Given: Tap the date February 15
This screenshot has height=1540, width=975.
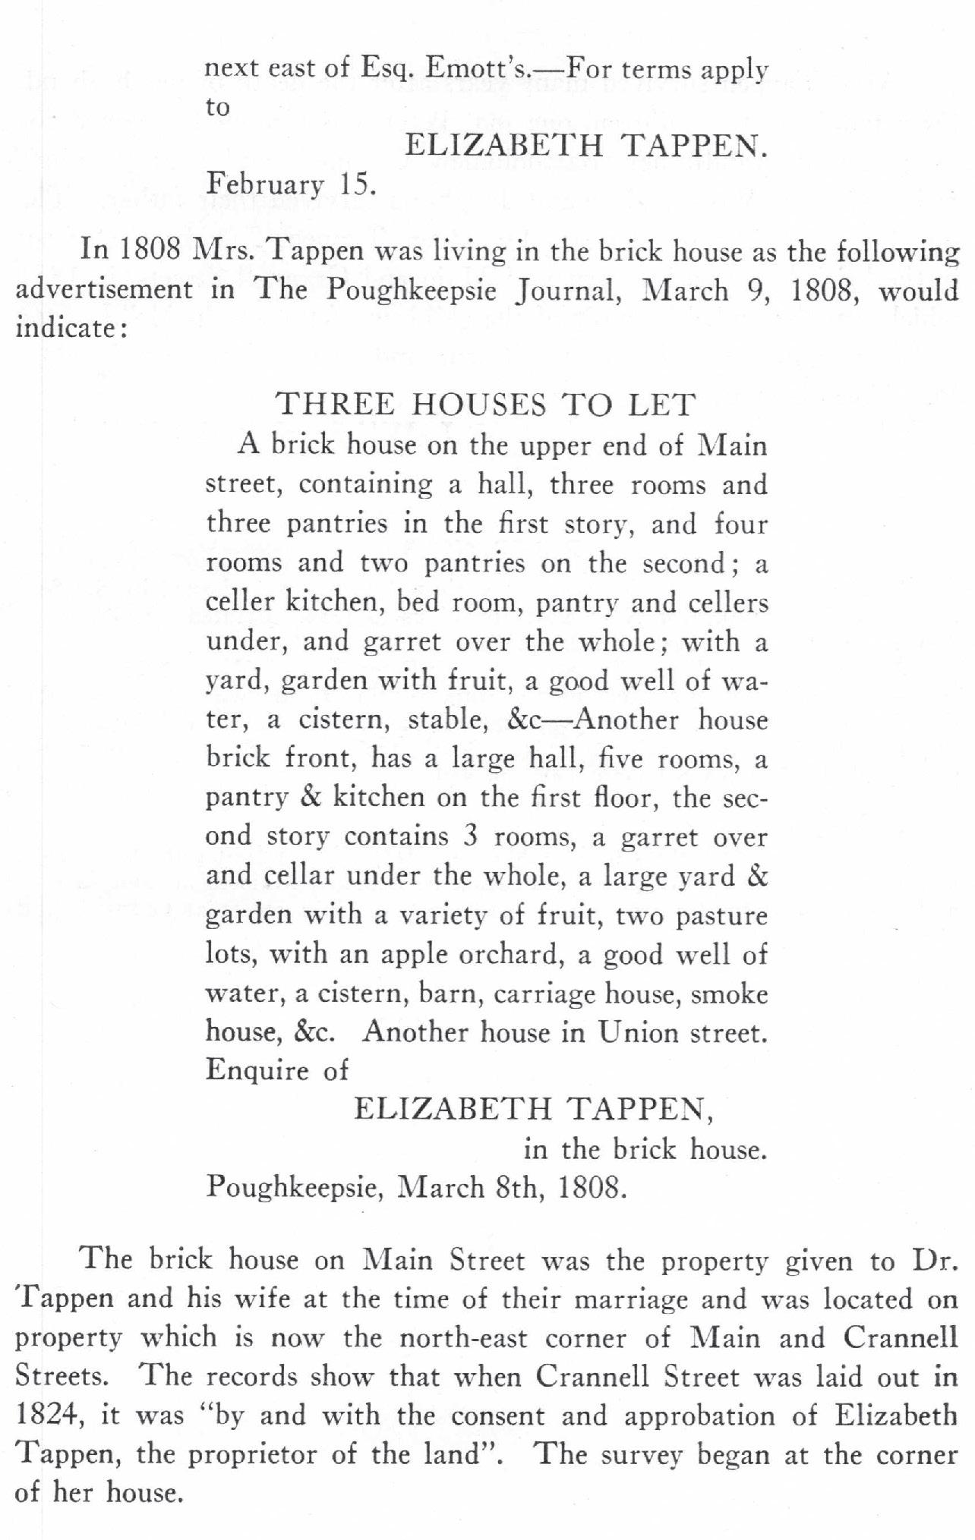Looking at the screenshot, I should (292, 184).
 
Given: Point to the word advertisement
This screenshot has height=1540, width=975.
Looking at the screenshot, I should (104, 291).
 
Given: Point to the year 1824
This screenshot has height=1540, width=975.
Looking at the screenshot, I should (46, 1416).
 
